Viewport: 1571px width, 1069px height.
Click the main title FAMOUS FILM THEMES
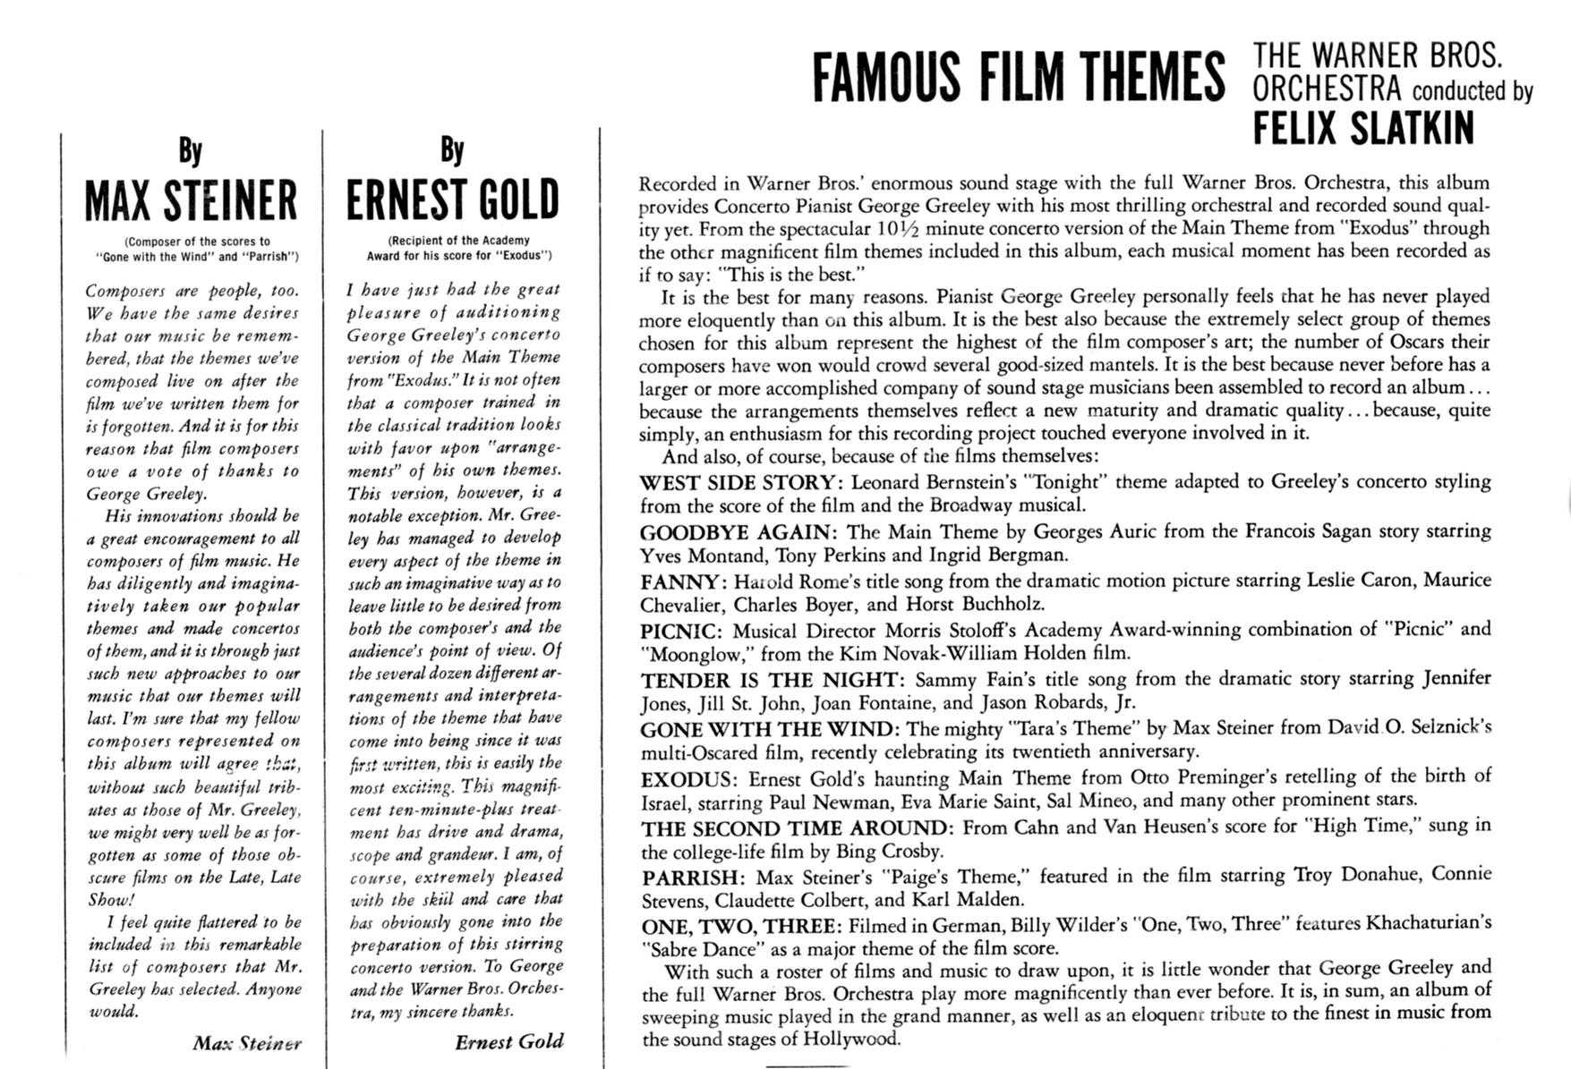point(1018,77)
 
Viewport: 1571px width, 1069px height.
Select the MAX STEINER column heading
point(191,199)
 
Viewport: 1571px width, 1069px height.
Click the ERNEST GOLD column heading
point(452,199)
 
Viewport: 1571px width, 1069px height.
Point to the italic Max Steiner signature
point(246,1043)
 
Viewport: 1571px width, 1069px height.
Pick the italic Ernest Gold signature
point(508,1041)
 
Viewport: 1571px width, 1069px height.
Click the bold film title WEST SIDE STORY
point(740,482)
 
